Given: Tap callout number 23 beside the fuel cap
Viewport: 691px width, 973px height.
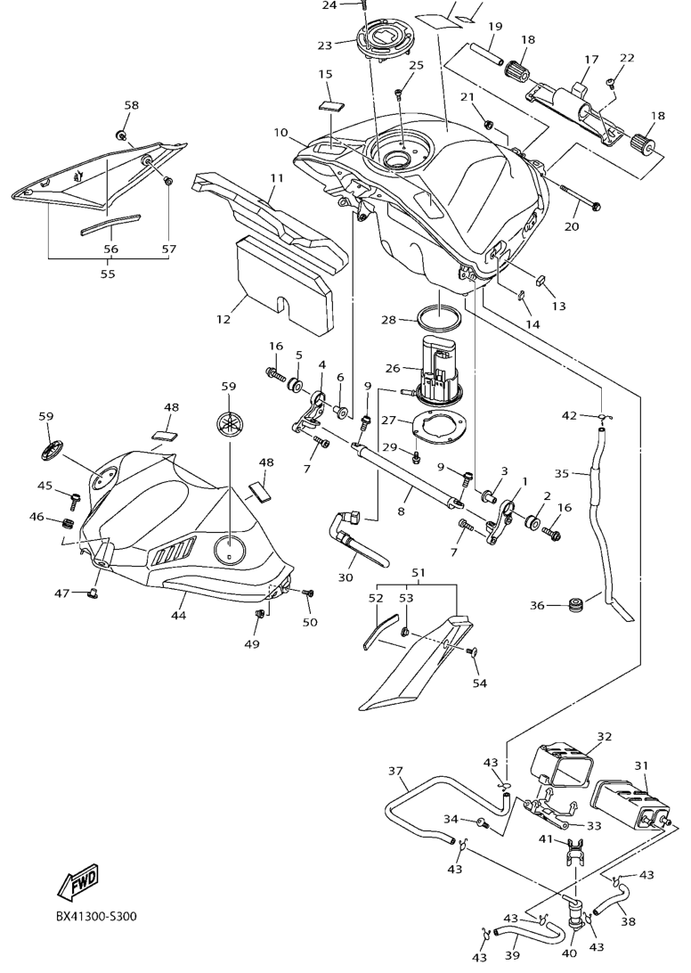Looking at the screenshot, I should point(323,45).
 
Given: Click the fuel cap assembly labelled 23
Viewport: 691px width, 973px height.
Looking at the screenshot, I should point(382,45).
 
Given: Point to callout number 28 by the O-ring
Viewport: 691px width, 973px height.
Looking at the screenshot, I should point(389,319).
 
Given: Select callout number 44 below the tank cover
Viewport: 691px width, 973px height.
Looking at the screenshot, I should point(178,615).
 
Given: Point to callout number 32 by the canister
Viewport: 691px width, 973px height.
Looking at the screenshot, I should point(605,737).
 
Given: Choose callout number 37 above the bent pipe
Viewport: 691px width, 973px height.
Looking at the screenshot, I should point(396,771).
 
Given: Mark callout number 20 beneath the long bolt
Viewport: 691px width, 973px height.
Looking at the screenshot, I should point(571,226).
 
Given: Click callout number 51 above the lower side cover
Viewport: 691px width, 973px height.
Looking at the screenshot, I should point(418,572).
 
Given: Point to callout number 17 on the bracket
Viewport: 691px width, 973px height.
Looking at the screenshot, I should point(590,61).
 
